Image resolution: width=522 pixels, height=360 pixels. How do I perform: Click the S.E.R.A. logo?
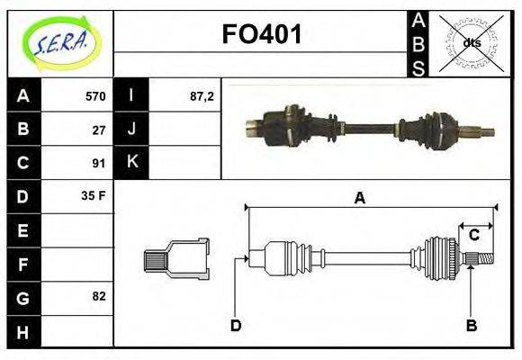point(60,42)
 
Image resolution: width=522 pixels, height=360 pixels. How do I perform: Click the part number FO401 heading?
point(262,35)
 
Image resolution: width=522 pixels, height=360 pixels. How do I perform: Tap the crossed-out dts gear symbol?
point(471,42)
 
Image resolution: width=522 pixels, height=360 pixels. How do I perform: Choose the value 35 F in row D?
point(94,195)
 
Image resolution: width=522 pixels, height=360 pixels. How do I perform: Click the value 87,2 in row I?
point(202,96)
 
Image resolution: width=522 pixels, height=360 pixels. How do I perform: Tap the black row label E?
point(22,230)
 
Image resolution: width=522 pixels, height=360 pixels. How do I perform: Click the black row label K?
point(132,163)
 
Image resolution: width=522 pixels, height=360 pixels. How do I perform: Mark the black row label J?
point(132,130)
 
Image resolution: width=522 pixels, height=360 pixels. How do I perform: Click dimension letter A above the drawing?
point(359,198)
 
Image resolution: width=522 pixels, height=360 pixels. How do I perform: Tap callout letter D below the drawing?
point(236,325)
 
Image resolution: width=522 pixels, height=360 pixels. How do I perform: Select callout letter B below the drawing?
point(470,325)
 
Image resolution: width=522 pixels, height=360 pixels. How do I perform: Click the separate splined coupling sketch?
point(176,258)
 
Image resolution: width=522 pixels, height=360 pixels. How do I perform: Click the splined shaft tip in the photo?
point(485,133)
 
